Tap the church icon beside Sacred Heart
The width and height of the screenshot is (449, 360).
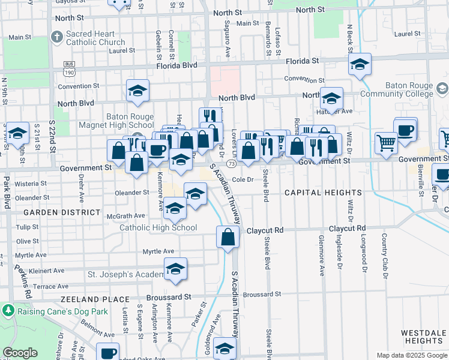coord(57,38)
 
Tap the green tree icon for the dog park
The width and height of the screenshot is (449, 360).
coord(8,311)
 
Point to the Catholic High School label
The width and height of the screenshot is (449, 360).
coord(158,227)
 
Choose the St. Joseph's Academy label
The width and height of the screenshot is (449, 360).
coord(124,274)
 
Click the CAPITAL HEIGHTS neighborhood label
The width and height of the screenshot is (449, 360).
coord(323,193)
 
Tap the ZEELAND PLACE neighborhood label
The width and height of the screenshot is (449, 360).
coord(94,299)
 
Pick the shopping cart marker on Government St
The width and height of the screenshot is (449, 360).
coord(386,142)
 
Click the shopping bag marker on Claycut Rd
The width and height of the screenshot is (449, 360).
coord(228,236)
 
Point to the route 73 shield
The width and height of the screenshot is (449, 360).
coord(231,164)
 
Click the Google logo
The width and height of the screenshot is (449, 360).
coord(20,353)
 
